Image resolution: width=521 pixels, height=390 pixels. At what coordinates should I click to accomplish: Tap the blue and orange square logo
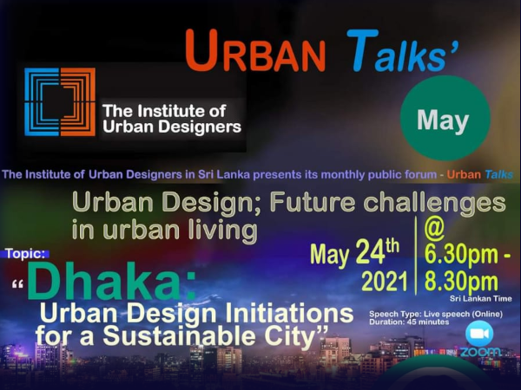point(60,101)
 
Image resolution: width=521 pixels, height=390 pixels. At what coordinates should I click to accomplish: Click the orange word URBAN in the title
point(255,51)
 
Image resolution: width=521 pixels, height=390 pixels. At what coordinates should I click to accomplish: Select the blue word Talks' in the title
point(403,51)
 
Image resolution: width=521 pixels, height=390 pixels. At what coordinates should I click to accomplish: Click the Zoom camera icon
point(479,334)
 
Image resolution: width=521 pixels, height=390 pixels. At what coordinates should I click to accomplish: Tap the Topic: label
point(25,254)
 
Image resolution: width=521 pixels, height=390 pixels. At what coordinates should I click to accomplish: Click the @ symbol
point(434,231)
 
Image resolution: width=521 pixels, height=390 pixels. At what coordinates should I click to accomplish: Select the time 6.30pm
point(461,256)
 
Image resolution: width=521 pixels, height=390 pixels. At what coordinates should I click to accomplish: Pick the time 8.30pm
point(461,282)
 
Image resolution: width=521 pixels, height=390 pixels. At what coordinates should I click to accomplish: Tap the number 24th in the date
point(378,252)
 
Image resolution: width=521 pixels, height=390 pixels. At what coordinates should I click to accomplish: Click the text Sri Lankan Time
point(481,299)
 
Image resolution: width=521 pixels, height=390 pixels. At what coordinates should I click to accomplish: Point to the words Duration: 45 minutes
point(409,322)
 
